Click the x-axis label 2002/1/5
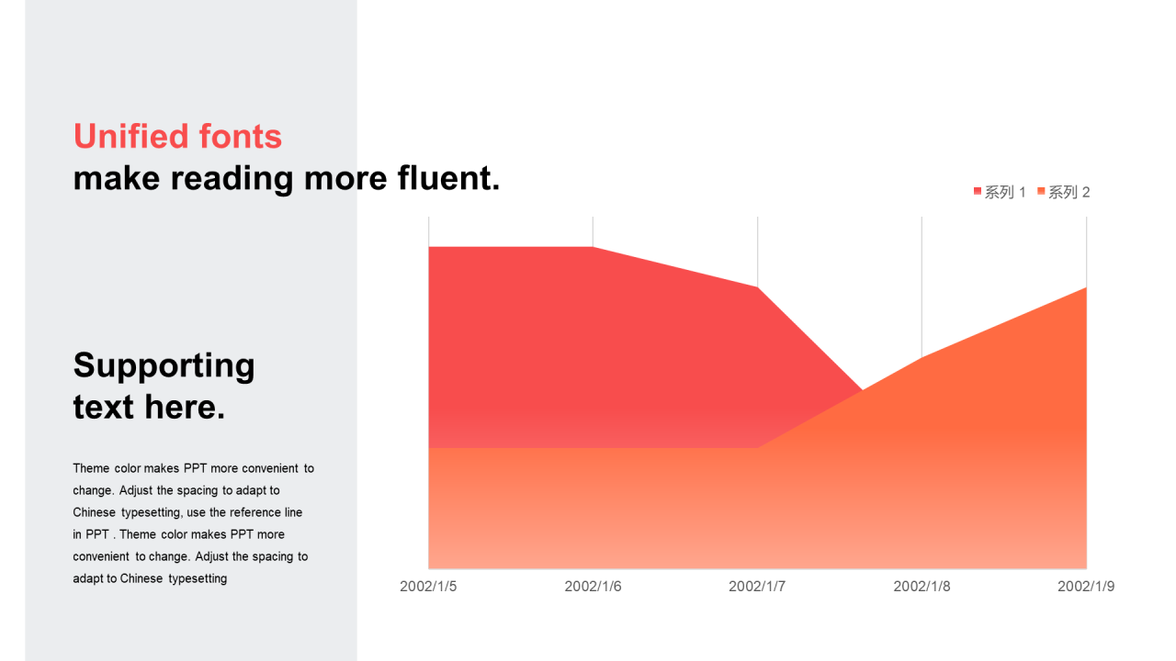(428, 587)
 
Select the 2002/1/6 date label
(593, 587)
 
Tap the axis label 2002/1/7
(757, 587)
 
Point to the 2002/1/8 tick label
(922, 587)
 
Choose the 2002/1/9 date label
(1086, 587)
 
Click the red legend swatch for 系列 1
(977, 192)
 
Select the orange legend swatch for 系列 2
(1041, 192)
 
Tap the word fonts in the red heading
(241, 137)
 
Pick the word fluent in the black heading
(448, 178)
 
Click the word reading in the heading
(232, 179)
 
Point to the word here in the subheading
(185, 407)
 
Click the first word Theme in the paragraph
(91, 468)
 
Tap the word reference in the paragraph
(255, 512)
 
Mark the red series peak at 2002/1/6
(593, 247)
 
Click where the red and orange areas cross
(862, 390)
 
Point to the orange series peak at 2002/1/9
(1086, 287)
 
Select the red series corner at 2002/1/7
(757, 287)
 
